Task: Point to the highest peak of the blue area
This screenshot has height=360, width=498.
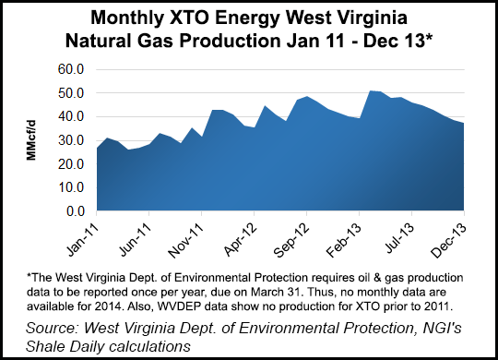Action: point(369,90)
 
